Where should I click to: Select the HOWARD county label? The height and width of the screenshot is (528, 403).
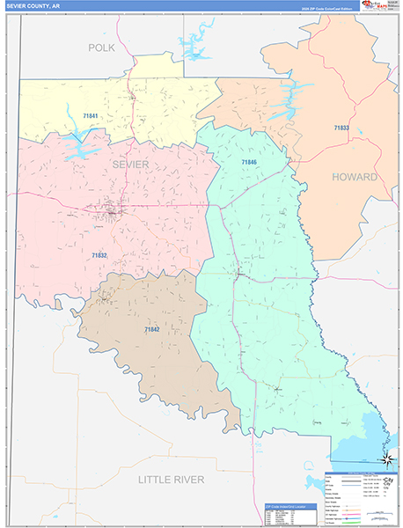click(x=354, y=177)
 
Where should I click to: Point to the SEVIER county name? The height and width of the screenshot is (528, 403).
click(x=130, y=165)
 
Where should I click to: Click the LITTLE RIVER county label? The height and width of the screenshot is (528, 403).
click(x=171, y=479)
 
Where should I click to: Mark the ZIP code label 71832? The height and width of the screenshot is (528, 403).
click(x=99, y=255)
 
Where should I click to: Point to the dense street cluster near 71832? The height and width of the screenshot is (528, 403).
click(x=112, y=211)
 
